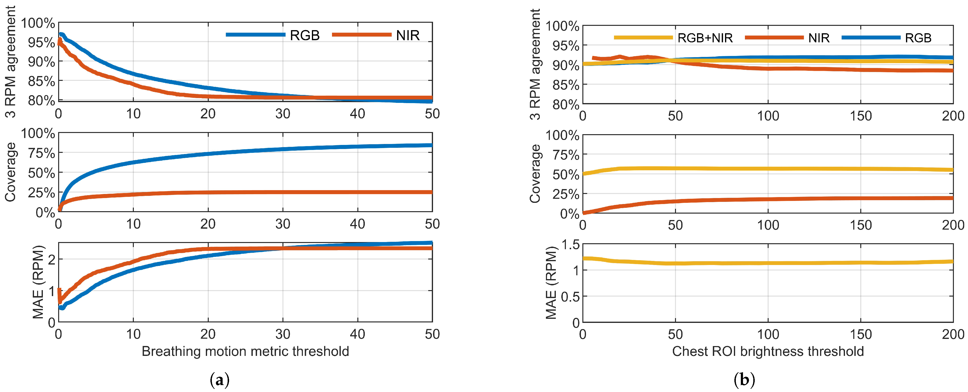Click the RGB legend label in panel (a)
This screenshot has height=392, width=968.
[304, 35]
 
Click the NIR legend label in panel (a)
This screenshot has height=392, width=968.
[408, 35]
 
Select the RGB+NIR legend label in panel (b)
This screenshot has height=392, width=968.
[705, 38]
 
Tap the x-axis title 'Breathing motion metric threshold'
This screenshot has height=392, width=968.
[245, 351]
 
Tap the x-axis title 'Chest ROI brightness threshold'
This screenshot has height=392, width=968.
[768, 351]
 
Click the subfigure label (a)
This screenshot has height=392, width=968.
[219, 380]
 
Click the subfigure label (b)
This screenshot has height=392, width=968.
[744, 380]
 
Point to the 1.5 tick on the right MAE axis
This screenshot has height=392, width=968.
[570, 245]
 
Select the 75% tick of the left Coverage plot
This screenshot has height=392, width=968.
[41, 153]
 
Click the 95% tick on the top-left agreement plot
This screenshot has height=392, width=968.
[41, 42]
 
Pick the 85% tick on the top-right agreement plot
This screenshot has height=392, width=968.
[566, 85]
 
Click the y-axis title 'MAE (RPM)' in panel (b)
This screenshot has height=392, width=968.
[551, 283]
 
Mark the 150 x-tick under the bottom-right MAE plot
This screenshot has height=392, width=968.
[861, 334]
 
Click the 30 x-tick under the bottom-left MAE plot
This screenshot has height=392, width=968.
[283, 334]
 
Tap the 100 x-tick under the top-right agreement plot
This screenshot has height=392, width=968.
[768, 116]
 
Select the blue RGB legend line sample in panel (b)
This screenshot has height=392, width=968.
[871, 38]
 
